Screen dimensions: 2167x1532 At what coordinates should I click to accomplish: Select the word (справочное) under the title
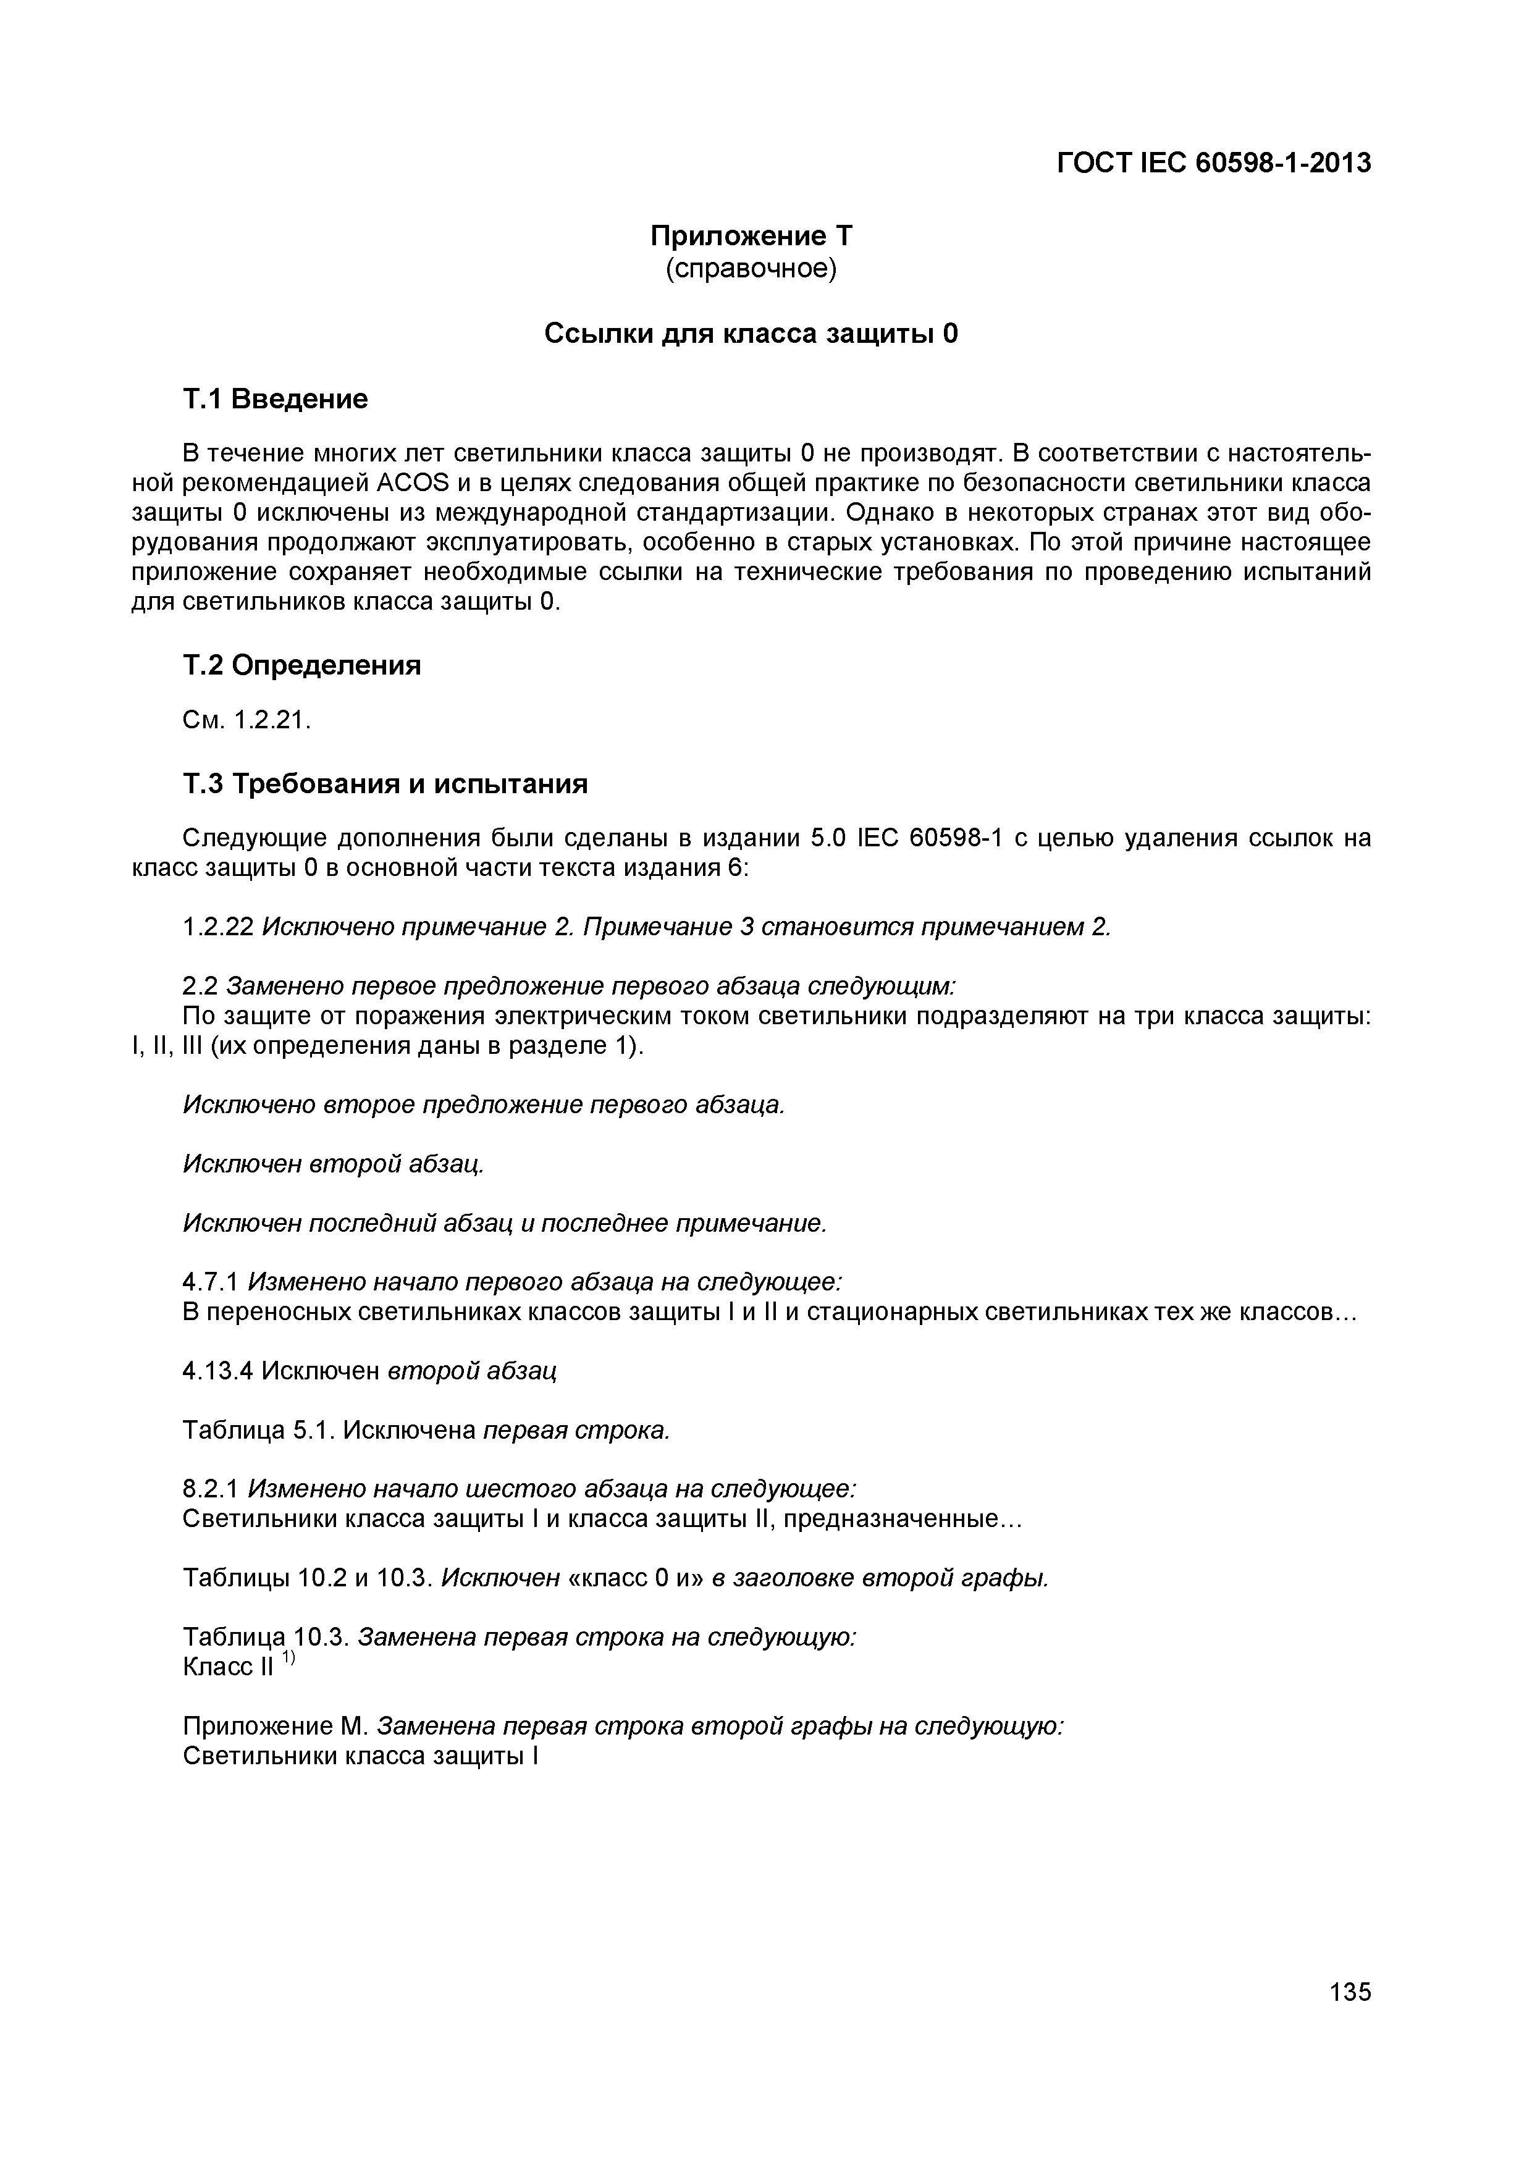tap(751, 269)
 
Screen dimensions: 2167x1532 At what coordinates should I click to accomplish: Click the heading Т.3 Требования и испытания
tap(385, 783)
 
